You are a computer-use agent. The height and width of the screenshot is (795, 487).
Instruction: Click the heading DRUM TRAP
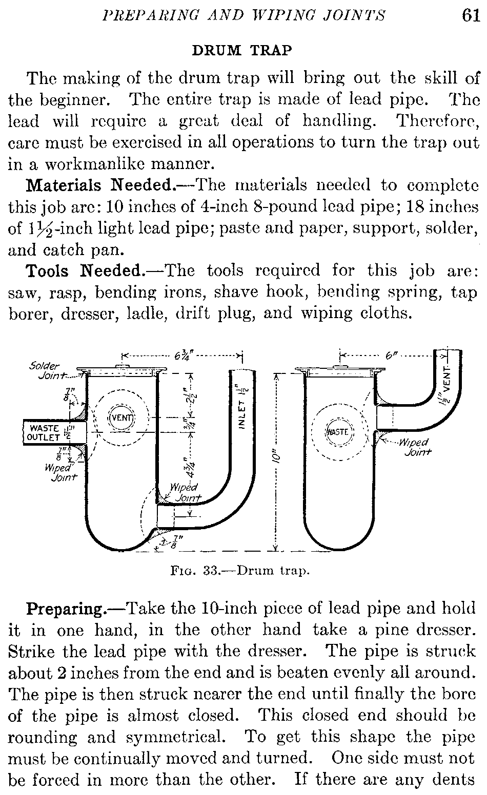tap(241, 50)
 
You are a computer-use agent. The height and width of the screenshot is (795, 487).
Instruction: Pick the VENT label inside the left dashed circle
tap(122, 417)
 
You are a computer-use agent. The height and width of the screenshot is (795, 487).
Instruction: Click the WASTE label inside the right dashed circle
tap(337, 432)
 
